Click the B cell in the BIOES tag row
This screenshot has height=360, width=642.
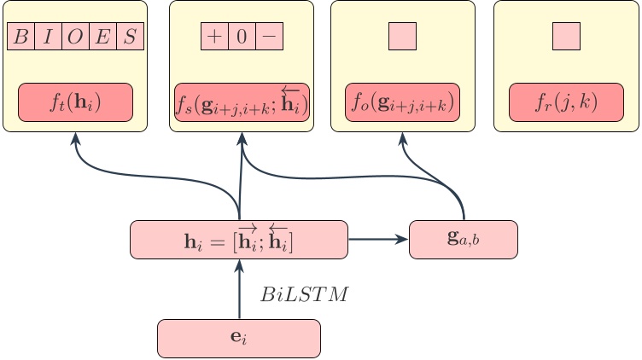[x=20, y=37]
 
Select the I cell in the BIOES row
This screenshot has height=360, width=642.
[x=48, y=37]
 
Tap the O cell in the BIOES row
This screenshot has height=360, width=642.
[x=75, y=37]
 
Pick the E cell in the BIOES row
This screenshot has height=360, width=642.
[x=102, y=37]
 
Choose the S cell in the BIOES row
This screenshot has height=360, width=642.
[x=130, y=37]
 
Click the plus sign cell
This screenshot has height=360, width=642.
[x=214, y=37]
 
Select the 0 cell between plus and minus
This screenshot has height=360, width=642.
[x=242, y=37]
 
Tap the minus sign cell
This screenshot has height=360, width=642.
[x=269, y=37]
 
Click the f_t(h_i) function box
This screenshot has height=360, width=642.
[x=75, y=102]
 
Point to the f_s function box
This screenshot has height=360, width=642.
[x=242, y=102]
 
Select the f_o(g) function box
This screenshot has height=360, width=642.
[x=402, y=102]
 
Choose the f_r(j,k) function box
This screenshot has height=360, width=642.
[x=566, y=102]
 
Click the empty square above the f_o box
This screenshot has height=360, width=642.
[x=402, y=36]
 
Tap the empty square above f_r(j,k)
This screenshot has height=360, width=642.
[x=566, y=36]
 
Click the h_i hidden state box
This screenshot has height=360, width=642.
[x=239, y=239]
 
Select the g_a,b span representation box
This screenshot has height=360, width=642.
[x=464, y=239]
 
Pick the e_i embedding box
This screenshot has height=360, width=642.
[x=239, y=338]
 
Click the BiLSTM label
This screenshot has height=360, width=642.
[x=305, y=296]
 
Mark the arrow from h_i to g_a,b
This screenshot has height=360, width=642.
[x=378, y=239]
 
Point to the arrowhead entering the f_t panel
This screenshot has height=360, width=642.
[x=75, y=138]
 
